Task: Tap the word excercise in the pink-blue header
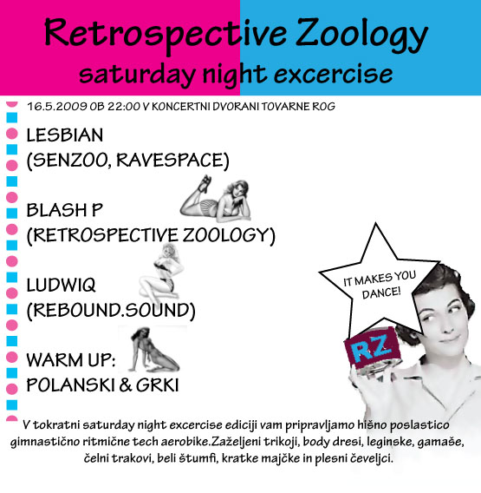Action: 333,74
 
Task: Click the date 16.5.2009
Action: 57,107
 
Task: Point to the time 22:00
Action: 124,107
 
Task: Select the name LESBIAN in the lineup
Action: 65,135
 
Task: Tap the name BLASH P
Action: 64,210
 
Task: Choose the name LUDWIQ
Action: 61,286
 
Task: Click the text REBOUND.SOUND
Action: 111,311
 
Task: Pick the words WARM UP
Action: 71,360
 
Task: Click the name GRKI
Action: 157,385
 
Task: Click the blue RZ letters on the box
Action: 372,348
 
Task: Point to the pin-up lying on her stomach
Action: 215,199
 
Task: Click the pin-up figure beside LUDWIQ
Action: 162,273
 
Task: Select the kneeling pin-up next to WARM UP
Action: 153,350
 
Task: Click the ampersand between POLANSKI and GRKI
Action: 126,385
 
